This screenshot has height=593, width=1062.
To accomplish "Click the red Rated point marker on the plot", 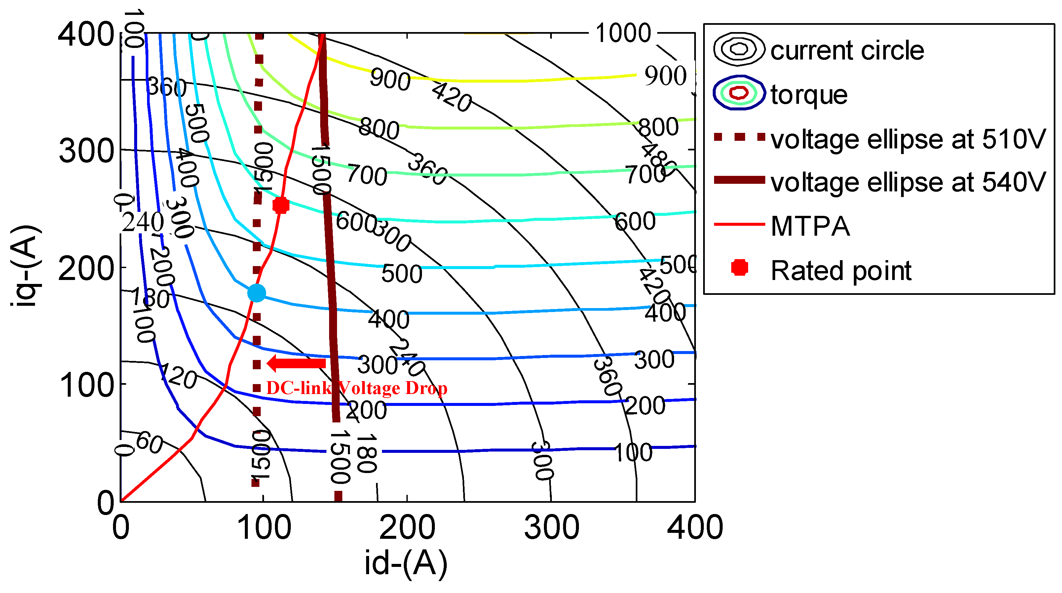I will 281,205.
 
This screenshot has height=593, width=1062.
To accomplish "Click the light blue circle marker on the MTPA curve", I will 256,293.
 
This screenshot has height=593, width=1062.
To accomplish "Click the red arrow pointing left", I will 296,363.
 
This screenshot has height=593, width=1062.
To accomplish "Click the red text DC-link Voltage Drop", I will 357,388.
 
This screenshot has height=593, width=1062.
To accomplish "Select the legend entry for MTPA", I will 810,226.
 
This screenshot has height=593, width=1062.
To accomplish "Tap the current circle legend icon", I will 739,49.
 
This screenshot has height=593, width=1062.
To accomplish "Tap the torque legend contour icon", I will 739,93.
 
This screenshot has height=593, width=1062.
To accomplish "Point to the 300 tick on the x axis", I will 551,528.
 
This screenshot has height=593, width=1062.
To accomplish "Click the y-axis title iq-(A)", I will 25,266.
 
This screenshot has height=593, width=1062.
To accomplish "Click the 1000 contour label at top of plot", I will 623,33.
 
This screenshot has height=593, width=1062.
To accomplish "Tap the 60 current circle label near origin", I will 149,443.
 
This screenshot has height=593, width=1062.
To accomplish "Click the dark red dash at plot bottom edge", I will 338,496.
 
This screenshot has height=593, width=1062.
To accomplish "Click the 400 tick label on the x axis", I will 695,528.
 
